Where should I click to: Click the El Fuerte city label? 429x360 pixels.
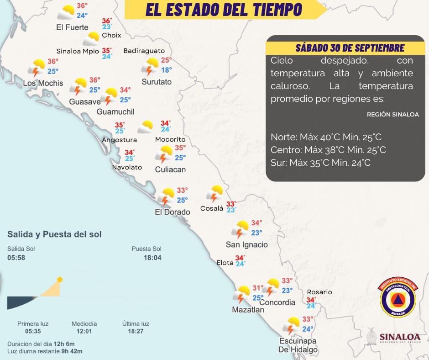pyautogui.click(x=72, y=27)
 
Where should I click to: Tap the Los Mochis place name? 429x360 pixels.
pyautogui.click(x=42, y=83)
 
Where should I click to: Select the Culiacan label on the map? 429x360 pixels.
pyautogui.click(x=170, y=169)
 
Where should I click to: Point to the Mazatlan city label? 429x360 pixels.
pyautogui.click(x=248, y=309)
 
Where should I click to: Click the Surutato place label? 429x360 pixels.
pyautogui.click(x=157, y=82)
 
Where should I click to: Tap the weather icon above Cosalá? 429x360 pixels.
pyautogui.click(x=214, y=194)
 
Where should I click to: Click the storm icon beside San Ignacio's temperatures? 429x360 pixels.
pyautogui.click(x=240, y=229)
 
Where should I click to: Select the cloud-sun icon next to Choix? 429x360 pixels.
pyautogui.click(x=92, y=38)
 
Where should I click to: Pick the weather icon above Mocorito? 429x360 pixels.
pyautogui.click(x=146, y=127)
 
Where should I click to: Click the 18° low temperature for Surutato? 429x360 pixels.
pyautogui.click(x=166, y=70)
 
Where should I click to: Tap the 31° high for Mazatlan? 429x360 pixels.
pyautogui.click(x=258, y=288)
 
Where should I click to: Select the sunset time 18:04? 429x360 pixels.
pyautogui.click(x=153, y=258)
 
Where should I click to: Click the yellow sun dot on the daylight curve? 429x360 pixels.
pyautogui.click(x=59, y=280)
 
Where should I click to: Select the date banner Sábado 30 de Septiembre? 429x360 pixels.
pyautogui.click(x=350, y=48)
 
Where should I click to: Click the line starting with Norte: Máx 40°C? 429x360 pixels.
pyautogui.click(x=326, y=137)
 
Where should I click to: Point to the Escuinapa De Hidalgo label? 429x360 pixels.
pyautogui.click(x=298, y=345)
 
